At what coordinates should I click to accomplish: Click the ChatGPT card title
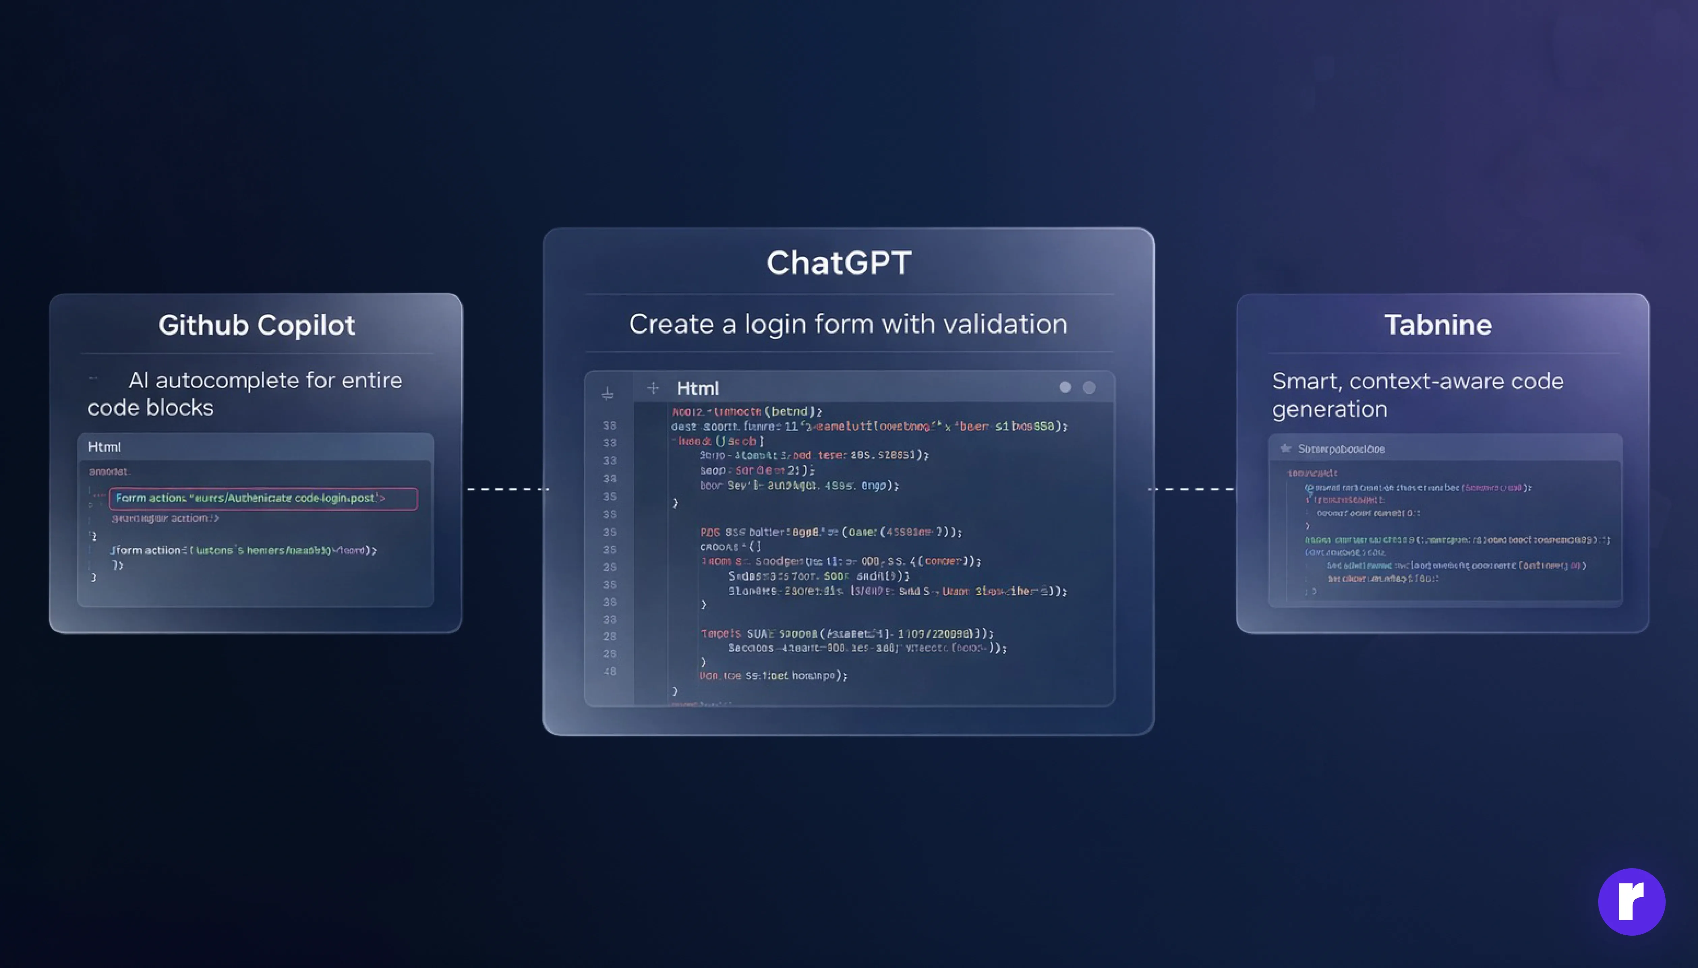click(x=839, y=263)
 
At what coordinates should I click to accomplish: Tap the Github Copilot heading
click(x=257, y=325)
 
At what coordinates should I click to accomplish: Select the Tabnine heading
click(x=1437, y=325)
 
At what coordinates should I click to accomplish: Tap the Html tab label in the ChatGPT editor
click(x=698, y=388)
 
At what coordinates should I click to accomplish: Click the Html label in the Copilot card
click(x=105, y=447)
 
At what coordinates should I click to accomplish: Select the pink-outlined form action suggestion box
click(x=263, y=498)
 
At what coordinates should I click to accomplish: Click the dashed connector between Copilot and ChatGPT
click(x=508, y=489)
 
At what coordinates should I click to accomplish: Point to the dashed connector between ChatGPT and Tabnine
click(x=1192, y=489)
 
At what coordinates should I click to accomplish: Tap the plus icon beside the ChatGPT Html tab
click(x=653, y=388)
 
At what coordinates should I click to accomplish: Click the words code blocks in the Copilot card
click(x=150, y=407)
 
